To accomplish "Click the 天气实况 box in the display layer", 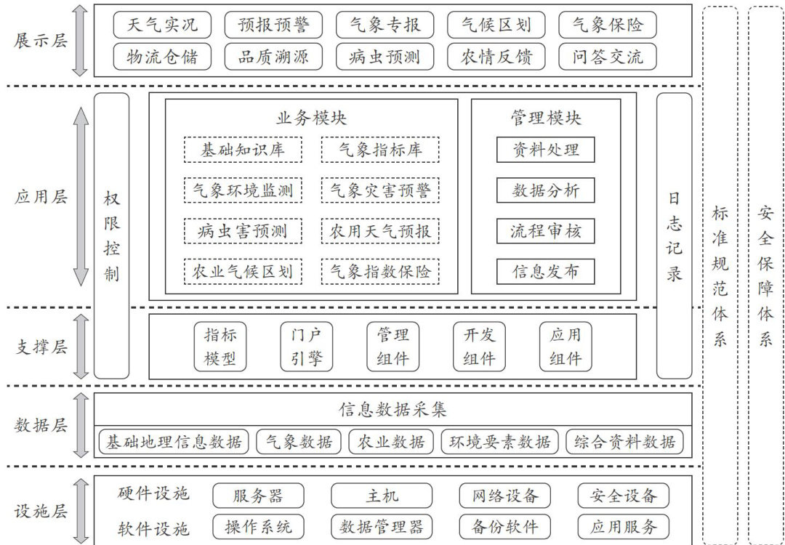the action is [161, 25].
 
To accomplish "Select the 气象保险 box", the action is [608, 25].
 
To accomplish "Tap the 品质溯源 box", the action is [273, 57].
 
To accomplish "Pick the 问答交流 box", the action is [608, 57].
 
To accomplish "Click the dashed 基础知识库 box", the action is [242, 150].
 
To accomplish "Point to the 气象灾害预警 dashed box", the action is [380, 190].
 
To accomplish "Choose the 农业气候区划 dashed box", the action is [242, 271].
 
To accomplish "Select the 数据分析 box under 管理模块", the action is [546, 190].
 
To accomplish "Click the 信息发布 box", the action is [546, 271].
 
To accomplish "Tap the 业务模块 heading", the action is [311, 118].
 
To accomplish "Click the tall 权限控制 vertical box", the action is [112, 235].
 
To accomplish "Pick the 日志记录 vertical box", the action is [675, 235].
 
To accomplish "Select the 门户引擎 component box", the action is [306, 347].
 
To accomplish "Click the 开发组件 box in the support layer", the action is [479, 347].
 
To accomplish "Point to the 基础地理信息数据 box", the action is [173, 441].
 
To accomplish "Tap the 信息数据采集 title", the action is [392, 409].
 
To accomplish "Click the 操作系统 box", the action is [258, 527].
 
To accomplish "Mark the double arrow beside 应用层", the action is [81, 196].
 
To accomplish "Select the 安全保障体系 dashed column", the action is [765, 275].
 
